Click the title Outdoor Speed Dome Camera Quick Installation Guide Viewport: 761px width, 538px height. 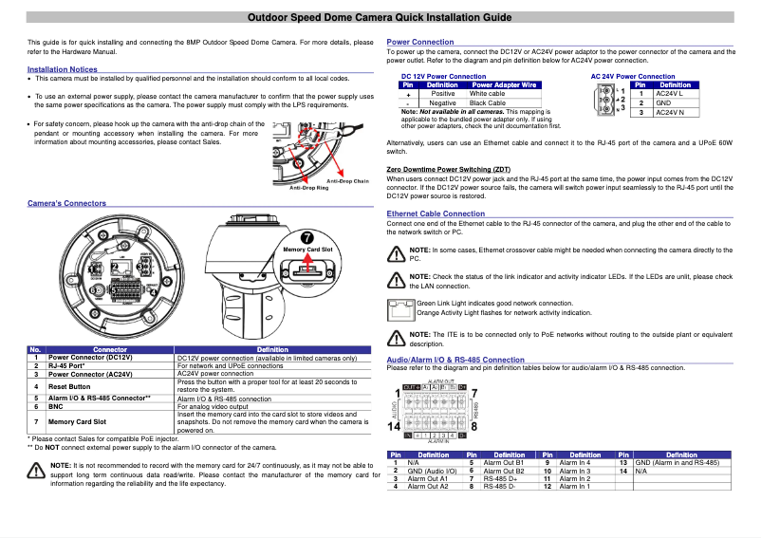click(x=380, y=18)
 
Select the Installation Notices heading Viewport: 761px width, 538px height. click(x=62, y=69)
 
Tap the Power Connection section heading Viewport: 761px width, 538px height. click(x=420, y=43)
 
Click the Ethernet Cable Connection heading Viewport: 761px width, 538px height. click(x=436, y=214)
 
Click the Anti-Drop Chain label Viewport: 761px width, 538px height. click(x=347, y=180)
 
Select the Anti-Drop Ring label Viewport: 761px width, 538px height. click(x=308, y=189)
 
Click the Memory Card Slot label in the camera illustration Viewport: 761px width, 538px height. click(x=307, y=250)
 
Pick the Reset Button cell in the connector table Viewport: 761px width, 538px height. click(x=69, y=386)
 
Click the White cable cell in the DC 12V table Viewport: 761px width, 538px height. click(x=488, y=94)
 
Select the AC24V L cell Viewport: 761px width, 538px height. click(x=670, y=94)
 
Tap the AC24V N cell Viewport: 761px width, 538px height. click(x=670, y=112)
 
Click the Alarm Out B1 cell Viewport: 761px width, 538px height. click(x=504, y=462)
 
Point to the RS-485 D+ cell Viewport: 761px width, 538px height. click(x=500, y=479)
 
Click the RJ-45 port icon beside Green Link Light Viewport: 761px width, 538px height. click(x=401, y=307)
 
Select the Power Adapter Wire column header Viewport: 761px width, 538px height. click(x=504, y=85)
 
